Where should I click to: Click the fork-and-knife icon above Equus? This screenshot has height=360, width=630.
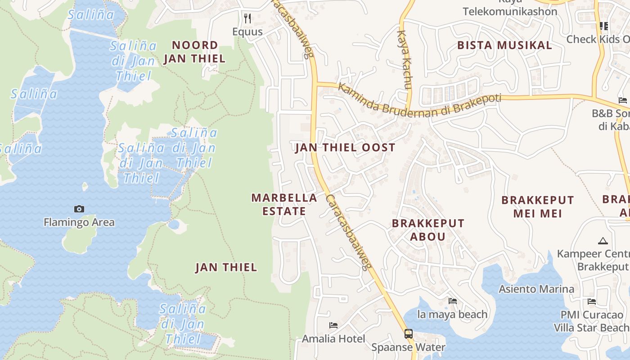point(247,18)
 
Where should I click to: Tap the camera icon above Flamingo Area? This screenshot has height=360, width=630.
point(79,209)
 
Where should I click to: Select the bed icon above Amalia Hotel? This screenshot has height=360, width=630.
point(333,325)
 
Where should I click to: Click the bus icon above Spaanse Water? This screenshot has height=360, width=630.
point(408,334)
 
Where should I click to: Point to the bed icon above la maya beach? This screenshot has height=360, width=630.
point(453,301)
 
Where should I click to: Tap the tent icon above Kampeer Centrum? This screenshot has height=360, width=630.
point(603,241)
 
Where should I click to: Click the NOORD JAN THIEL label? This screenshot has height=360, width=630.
point(194,52)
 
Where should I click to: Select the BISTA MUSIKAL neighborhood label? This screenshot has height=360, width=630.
point(504,45)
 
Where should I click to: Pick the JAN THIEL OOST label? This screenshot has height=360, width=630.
point(345,148)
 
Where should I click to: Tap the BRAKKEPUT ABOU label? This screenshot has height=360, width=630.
point(428,229)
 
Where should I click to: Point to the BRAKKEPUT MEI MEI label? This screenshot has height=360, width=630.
point(538,207)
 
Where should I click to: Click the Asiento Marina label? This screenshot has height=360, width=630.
point(536,289)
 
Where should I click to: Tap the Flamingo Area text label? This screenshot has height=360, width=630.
point(79,222)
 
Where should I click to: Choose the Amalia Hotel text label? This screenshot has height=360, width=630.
point(333,338)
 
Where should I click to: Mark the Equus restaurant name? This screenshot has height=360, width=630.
point(247,31)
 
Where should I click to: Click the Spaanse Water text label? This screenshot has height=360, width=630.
point(408,347)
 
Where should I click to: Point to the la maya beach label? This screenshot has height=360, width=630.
point(453,314)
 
